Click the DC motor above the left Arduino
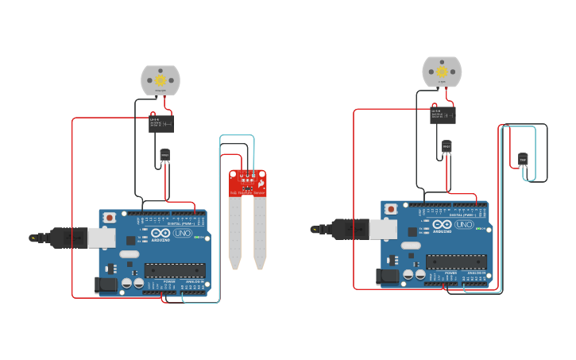click(x=160, y=79)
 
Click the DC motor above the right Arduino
click(x=442, y=72)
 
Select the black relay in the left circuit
click(x=161, y=123)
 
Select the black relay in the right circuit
click(x=443, y=114)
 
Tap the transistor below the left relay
click(x=164, y=155)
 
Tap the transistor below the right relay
click(x=446, y=146)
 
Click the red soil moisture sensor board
click(x=248, y=183)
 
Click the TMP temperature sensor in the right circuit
click(x=523, y=159)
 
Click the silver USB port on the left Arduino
click(x=102, y=237)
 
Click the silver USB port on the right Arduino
click(x=383, y=229)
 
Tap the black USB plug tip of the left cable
click(x=33, y=237)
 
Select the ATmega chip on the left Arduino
click(x=174, y=270)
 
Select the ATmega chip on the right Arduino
click(x=455, y=261)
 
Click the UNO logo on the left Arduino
click(x=181, y=233)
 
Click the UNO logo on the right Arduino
click(x=462, y=225)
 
